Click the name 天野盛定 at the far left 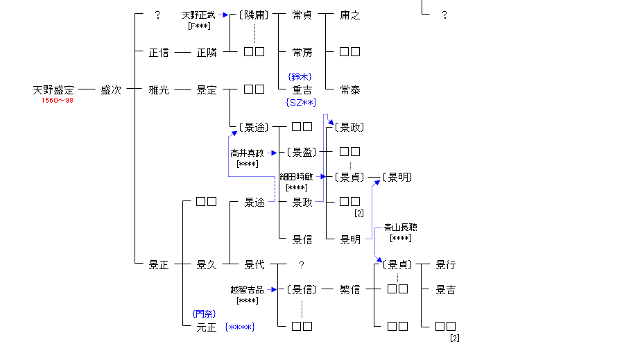[53, 90]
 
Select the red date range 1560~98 [57, 101]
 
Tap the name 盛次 [110, 90]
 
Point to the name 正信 [159, 52]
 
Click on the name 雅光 [159, 90]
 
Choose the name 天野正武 [198, 15]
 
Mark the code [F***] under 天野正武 [198, 26]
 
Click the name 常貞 [302, 15]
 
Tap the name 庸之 [349, 15]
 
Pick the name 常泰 [349, 90]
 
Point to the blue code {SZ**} [301, 103]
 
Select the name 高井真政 [247, 153]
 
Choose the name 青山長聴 [400, 228]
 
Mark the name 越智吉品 [247, 290]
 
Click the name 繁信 [349, 290]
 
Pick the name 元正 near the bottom [207, 327]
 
